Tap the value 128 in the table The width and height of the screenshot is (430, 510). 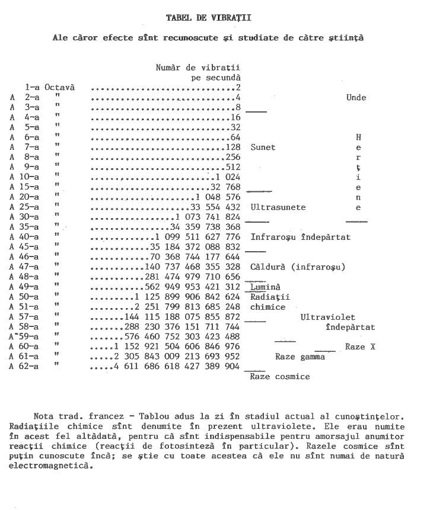click(x=233, y=147)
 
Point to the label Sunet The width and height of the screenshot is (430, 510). click(x=263, y=147)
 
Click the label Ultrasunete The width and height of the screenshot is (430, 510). click(x=278, y=207)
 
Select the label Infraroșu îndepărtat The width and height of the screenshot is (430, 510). click(x=300, y=237)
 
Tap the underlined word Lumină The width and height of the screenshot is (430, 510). click(x=265, y=287)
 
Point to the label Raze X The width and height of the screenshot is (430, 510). click(x=360, y=347)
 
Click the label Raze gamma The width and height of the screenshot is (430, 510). click(x=300, y=357)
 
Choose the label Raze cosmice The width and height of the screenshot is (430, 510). click(x=280, y=376)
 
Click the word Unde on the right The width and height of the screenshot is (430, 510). click(x=356, y=98)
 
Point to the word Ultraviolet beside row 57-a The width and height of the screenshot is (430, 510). click(x=328, y=317)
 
